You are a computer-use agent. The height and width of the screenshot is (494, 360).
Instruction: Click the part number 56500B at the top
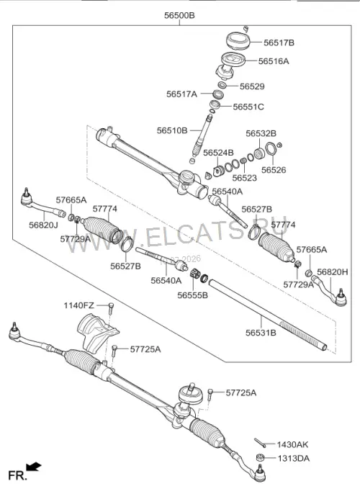point(179,15)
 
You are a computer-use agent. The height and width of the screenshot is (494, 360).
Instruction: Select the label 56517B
point(279,42)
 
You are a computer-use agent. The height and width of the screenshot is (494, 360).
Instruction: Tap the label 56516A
point(274,61)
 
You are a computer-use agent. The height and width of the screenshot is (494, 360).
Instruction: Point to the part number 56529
point(252,86)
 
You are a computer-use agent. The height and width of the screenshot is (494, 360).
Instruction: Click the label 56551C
point(248,107)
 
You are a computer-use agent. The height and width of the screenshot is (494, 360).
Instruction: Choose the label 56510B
point(172,130)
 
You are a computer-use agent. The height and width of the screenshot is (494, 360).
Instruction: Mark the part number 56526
point(274,170)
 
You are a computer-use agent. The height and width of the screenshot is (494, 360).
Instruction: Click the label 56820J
point(43,225)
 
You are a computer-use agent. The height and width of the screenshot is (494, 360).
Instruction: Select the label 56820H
point(333,272)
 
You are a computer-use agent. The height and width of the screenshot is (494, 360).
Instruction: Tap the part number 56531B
point(261,333)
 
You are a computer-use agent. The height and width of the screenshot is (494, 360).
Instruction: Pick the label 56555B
point(192,295)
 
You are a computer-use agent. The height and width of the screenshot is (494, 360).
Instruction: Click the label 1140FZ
point(78,305)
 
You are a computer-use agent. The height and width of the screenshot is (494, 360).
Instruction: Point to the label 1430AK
point(292,444)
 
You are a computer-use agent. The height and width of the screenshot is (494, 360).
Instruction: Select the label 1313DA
point(293,459)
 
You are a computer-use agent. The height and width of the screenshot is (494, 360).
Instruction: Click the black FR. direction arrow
point(34,467)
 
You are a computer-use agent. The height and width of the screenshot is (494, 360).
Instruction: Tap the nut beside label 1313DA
point(260,457)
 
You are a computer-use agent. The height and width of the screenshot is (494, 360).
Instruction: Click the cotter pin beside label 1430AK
point(260,443)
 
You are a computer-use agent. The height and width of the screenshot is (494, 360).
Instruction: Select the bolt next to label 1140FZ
point(111,308)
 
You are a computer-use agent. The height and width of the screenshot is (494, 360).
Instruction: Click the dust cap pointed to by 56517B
point(238,40)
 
